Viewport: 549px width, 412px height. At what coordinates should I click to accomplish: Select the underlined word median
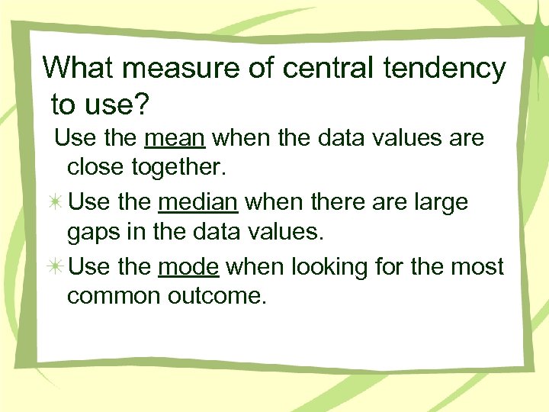click(x=199, y=203)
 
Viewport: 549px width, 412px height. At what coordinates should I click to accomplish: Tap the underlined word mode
click(x=189, y=267)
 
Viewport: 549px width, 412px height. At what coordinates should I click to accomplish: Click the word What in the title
click(x=78, y=68)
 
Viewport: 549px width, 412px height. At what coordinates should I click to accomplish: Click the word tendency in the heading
click(x=445, y=69)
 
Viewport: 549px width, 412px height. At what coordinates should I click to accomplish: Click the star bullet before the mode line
click(x=56, y=268)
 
